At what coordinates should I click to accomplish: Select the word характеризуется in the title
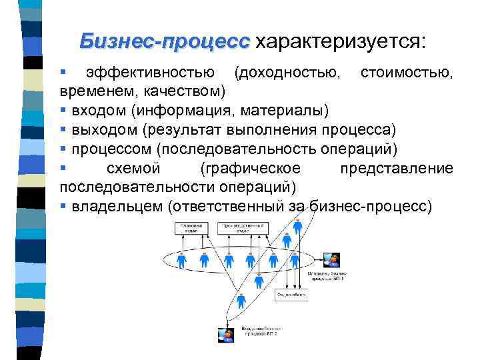click(x=338, y=41)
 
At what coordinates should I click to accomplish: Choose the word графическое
click(x=250, y=167)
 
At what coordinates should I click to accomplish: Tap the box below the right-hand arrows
click(x=291, y=293)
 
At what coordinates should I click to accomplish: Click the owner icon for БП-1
click(x=330, y=260)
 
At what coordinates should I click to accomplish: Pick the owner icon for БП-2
click(x=226, y=334)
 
